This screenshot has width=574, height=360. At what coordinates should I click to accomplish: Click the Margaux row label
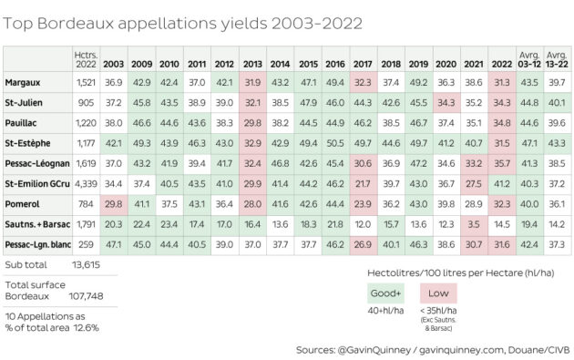23,83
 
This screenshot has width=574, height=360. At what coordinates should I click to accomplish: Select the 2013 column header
252,64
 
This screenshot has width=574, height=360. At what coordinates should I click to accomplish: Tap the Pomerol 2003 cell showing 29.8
114,204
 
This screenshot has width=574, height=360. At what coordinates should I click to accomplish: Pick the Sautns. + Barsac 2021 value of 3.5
474,224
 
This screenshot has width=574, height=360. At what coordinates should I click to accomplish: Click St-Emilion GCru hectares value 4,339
86,184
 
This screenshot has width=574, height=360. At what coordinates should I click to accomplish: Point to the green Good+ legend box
385,293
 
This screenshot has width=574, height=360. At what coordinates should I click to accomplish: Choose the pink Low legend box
438,293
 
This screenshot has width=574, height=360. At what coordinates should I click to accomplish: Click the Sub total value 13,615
86,265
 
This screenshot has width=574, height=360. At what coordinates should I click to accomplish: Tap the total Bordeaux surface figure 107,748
86,296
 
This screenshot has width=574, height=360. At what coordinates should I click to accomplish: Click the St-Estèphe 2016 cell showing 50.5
335,143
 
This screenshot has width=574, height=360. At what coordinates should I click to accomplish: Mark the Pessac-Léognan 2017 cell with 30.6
363,163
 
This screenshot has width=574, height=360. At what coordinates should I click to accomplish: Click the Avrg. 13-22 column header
557,59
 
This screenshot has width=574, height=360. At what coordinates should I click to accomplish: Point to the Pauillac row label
20,123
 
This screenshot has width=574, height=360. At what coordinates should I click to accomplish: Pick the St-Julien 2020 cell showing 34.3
446,103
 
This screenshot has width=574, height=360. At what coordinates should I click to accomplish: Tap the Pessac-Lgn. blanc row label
37,244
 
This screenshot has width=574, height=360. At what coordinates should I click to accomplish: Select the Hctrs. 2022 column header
86,59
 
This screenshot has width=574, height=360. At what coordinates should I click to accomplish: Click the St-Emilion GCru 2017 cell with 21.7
363,184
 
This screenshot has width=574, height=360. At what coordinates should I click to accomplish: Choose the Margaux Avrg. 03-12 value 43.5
529,83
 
